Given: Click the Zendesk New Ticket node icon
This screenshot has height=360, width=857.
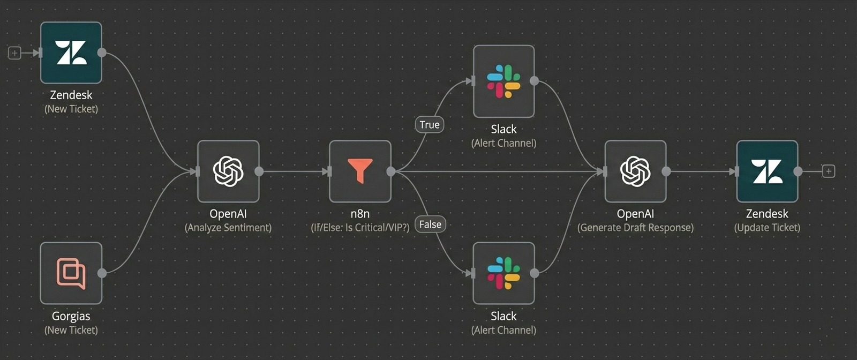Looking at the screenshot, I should coord(71,52).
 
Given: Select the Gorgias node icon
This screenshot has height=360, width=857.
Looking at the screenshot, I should coord(71,273).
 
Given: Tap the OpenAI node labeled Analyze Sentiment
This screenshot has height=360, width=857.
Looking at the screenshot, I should coord(228,171).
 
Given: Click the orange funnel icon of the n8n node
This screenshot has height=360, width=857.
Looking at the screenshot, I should coord(360,171).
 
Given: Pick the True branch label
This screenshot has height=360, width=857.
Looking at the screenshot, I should coord(430,125).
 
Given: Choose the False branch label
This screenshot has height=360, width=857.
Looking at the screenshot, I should coord(430,224).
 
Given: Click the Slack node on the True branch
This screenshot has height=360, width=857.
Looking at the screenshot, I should coord(503,81).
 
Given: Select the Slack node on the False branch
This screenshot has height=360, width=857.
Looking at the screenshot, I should coord(503,273).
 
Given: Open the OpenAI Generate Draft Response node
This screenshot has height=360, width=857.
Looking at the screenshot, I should coord(635,171).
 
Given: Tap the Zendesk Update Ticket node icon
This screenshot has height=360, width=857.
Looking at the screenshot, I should coord(767,171).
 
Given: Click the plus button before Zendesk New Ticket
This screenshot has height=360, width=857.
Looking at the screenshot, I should coord(14,52).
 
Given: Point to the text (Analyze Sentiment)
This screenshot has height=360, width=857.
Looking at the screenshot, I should coord(228,228).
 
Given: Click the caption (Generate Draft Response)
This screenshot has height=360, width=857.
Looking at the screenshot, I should coord(635,228).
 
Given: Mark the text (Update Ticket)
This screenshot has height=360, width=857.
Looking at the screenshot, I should coord(767,228).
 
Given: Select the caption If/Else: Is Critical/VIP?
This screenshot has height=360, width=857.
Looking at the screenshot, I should coord(360,228).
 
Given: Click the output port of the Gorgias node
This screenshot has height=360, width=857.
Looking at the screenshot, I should coord(102,273).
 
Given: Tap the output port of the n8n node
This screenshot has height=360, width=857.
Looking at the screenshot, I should coord(391,171).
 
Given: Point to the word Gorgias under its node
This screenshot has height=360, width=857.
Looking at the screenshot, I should coord(71,316).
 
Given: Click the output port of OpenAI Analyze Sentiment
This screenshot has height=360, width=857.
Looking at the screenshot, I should coord(259,171).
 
